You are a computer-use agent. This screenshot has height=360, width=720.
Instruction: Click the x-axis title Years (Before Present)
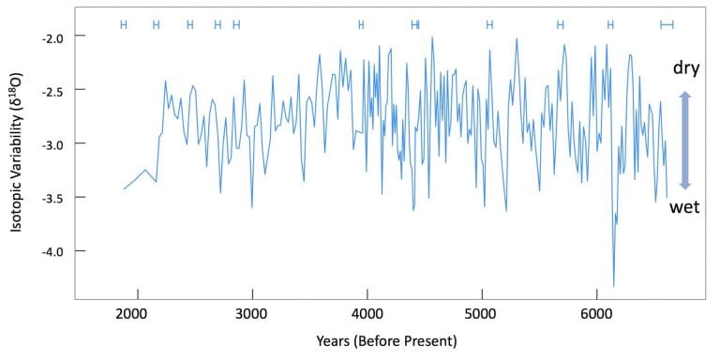tap(386, 341)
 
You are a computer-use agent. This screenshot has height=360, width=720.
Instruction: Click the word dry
tap(686, 68)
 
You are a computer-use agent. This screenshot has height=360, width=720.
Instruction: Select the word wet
tap(684, 207)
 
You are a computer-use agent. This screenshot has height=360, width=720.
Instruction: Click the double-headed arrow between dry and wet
tap(684, 140)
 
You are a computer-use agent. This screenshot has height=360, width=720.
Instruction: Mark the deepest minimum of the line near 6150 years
tap(614, 286)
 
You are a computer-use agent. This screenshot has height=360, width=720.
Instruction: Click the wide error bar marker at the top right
tap(667, 24)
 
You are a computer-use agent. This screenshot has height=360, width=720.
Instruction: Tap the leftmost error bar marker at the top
tap(123, 24)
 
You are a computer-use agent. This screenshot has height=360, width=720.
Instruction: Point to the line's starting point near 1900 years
tap(124, 188)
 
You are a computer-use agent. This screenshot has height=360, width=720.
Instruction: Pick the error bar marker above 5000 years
tap(489, 24)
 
